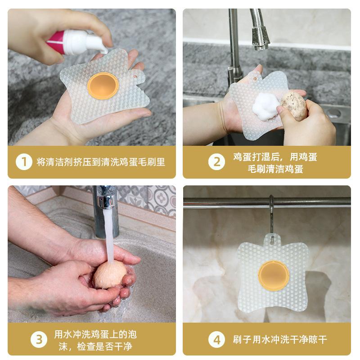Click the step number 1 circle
click(x=24, y=162)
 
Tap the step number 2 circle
click(x=216, y=162)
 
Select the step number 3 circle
click(x=39, y=339)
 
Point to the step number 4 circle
click(x=216, y=339)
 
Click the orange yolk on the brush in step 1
click(x=103, y=85)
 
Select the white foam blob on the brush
click(x=266, y=105)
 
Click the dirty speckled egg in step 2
click(x=294, y=105)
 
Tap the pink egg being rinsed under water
click(x=110, y=275)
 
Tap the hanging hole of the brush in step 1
click(x=135, y=76)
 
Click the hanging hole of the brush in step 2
click(x=255, y=79)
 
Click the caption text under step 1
click(x=101, y=162)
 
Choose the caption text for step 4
click(x=279, y=339)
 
